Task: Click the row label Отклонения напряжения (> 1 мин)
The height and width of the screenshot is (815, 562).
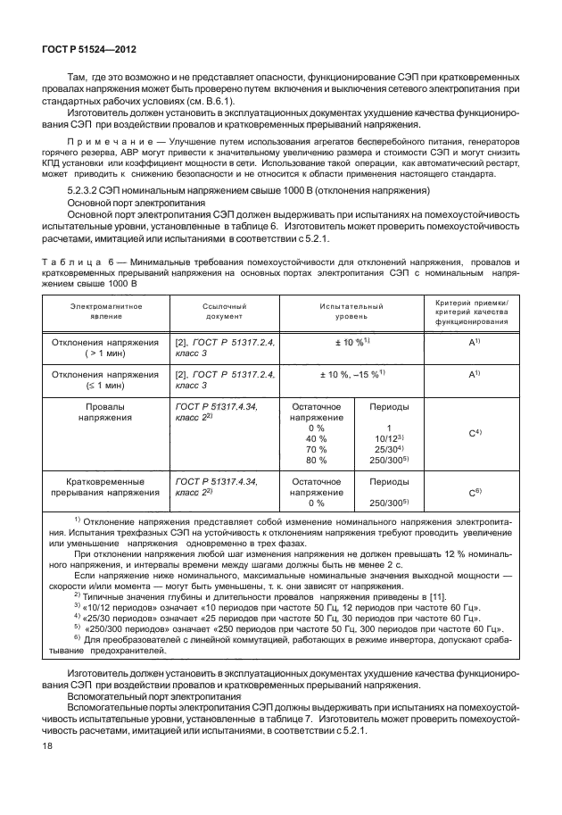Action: click(x=106, y=347)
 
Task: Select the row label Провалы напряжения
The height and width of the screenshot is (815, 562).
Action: click(x=106, y=412)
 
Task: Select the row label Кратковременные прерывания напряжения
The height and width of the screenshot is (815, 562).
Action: click(x=106, y=487)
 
